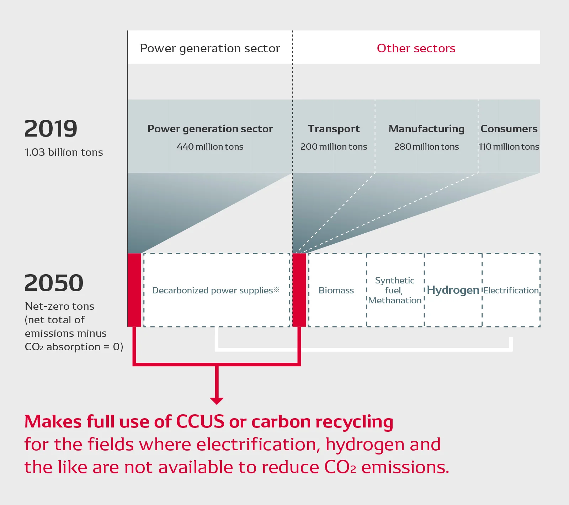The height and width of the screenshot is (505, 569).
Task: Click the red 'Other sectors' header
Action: pos(416,48)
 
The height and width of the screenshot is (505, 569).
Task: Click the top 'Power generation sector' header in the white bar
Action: pos(210,48)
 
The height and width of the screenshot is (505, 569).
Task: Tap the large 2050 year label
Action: pos(54,283)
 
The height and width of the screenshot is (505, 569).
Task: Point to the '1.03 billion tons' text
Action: pos(64,152)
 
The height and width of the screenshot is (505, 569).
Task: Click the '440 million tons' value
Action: pos(210,147)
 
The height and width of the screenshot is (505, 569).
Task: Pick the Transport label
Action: pos(334,129)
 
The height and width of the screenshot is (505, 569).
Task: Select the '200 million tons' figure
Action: pos(334,147)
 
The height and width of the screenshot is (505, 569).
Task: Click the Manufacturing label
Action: pos(426,129)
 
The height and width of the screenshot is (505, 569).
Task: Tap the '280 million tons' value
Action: pos(426,147)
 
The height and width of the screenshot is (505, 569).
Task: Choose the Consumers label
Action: pos(509,129)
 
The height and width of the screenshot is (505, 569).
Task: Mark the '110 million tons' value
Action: pos(509,147)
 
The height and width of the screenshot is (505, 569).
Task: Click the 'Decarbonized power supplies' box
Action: pos(217,290)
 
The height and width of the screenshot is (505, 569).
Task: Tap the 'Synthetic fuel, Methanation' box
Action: pos(395,290)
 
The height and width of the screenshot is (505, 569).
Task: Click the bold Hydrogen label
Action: pos(453,290)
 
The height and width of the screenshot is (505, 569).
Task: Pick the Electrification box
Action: pos(511,290)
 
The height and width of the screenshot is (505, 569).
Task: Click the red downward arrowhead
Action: pos(217,401)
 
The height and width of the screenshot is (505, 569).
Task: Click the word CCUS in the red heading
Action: pos(200,421)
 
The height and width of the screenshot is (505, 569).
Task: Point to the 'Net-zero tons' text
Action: pos(59,306)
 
